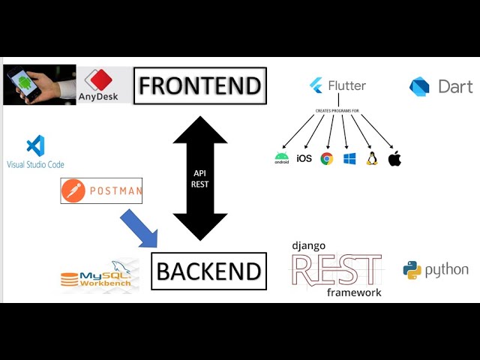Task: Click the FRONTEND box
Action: point(199,85)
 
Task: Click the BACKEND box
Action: point(209,271)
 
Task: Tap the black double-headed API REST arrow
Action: point(199,178)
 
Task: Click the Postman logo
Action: point(101,191)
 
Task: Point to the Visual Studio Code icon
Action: point(35,146)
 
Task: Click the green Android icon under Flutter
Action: point(282,157)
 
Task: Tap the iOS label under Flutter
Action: point(304,158)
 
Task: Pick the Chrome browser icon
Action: point(326,158)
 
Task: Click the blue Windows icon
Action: point(349,158)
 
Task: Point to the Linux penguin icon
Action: point(371,158)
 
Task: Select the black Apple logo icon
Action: point(394,158)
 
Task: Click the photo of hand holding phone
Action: point(39,85)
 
